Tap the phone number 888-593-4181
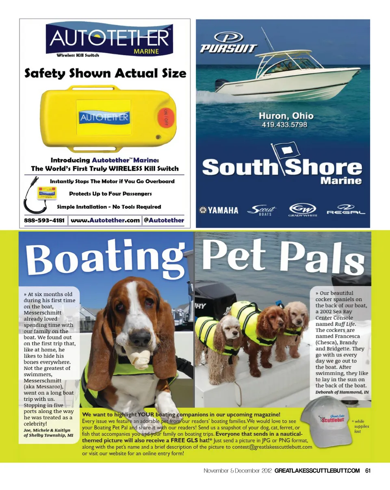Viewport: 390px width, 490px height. pyautogui.click(x=44, y=220)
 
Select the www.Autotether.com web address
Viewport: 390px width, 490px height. pyautogui.click(x=105, y=220)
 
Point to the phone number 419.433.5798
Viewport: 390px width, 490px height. pyautogui.click(x=284, y=125)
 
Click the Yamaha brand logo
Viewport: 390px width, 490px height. pyautogui.click(x=219, y=210)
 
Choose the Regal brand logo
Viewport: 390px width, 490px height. pyautogui.click(x=346, y=210)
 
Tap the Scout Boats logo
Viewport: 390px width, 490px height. pyautogui.click(x=262, y=210)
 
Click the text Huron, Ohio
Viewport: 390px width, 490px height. pyautogui.click(x=286, y=115)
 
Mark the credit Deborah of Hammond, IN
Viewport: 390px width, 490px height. pyautogui.click(x=342, y=392)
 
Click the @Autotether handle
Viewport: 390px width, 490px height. pyautogui.click(x=164, y=220)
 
